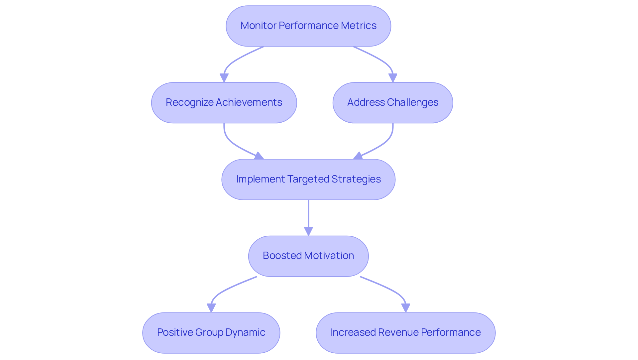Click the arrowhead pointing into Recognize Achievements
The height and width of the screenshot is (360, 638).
click(x=224, y=78)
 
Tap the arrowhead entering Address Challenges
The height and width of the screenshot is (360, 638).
click(x=393, y=78)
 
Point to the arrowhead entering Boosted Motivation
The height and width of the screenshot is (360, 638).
click(x=308, y=231)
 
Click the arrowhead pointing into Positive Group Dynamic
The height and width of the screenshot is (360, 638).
click(x=211, y=308)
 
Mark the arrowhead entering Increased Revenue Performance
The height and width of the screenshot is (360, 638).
click(x=405, y=308)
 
